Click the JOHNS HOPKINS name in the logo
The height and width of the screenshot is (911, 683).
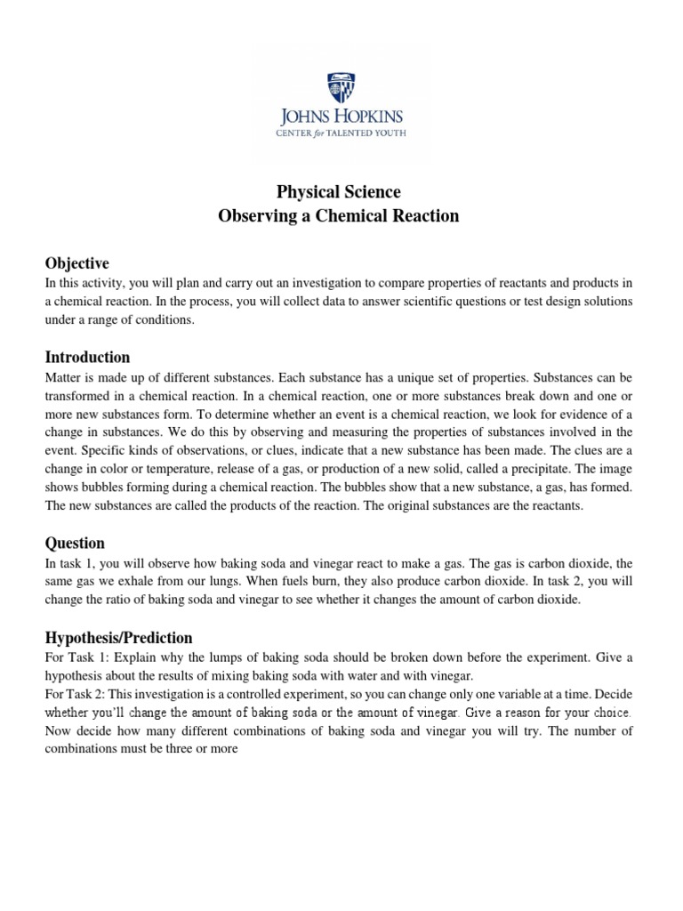click(341, 117)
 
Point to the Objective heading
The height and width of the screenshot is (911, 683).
click(76, 263)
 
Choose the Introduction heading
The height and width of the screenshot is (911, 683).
click(87, 357)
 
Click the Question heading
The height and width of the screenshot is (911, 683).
click(75, 543)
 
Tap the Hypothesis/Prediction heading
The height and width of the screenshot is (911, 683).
click(118, 638)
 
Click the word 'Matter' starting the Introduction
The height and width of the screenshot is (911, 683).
click(63, 376)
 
